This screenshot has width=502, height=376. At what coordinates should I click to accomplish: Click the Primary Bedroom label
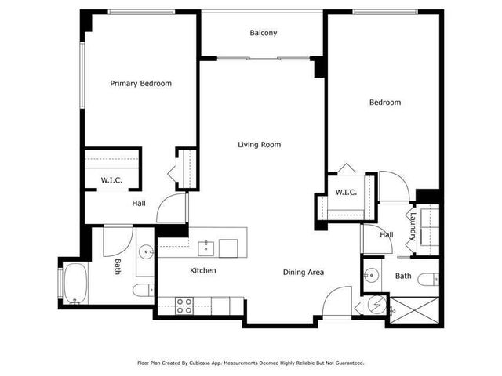(140, 84)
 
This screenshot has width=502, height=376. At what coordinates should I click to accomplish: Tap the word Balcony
(264, 33)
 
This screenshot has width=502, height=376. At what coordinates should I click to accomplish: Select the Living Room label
(260, 145)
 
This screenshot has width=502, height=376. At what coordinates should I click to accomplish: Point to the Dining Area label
(304, 273)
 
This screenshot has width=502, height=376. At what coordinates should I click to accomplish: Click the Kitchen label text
(202, 271)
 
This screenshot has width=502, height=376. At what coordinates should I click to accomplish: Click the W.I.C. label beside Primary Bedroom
(111, 181)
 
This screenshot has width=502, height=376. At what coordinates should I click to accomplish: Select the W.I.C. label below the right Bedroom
(346, 193)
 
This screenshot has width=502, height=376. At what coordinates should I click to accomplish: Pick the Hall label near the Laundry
(387, 234)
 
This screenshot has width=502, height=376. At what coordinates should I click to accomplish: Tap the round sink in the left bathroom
(145, 252)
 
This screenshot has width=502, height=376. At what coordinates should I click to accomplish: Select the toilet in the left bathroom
(144, 291)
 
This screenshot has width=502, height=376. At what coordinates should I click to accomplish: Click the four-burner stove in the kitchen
(185, 306)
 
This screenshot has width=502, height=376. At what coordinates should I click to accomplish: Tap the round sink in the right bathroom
(373, 276)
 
